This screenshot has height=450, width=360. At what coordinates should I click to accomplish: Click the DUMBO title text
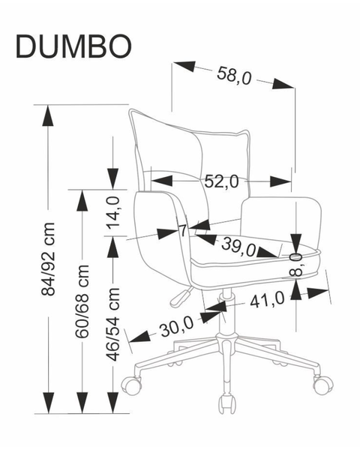(73, 46)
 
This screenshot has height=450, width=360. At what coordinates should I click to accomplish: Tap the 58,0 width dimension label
(234, 76)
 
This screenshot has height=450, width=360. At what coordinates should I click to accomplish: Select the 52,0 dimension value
(221, 181)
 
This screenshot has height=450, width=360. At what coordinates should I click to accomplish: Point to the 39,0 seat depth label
(238, 247)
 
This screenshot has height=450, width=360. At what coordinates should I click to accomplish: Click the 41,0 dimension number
(267, 300)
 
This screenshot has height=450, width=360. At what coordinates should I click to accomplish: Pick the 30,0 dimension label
(177, 326)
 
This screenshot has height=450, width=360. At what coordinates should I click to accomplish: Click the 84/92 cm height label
(48, 259)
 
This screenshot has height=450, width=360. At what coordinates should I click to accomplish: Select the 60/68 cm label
(82, 301)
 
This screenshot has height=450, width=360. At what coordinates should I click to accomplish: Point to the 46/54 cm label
(112, 324)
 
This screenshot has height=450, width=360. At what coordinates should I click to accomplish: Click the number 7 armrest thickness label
(183, 230)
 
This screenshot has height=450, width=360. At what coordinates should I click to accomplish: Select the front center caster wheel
(226, 404)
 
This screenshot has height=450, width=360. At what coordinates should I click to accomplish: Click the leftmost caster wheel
(132, 385)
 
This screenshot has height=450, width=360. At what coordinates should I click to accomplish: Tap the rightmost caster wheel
(323, 384)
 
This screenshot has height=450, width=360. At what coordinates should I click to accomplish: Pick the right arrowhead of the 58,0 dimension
(283, 84)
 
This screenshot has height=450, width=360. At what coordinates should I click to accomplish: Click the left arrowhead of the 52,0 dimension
(162, 181)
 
